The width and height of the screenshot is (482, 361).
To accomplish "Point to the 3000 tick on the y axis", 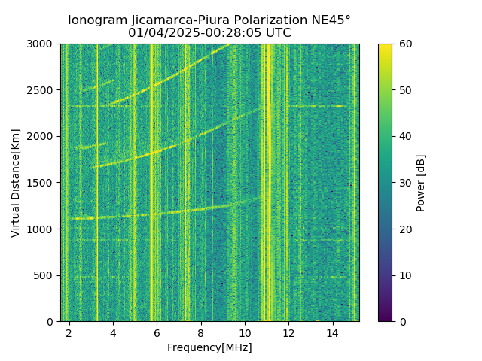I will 42,44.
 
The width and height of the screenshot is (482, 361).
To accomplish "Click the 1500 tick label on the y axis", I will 42,183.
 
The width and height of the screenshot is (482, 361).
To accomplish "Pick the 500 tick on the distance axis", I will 45,275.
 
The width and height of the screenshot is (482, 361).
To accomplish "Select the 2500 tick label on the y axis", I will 42,90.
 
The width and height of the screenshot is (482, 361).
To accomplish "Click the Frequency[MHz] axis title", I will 209,347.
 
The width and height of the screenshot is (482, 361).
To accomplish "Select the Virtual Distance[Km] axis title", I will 16,183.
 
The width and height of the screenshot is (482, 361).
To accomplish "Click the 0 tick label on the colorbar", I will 401,321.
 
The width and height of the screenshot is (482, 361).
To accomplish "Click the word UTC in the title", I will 278,33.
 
